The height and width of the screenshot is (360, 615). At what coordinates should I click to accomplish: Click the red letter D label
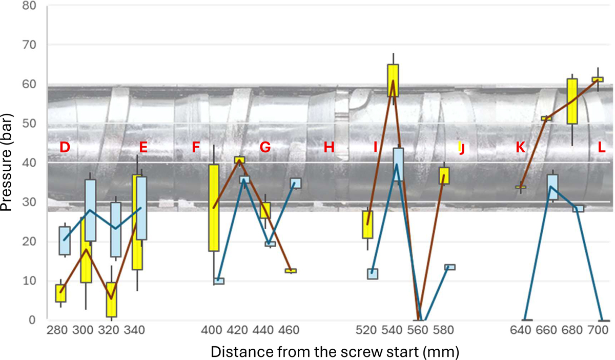64,148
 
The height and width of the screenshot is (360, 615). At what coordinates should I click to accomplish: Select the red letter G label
265,148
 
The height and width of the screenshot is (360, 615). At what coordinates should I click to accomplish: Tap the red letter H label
329,148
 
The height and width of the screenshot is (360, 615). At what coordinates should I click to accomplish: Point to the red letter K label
520,148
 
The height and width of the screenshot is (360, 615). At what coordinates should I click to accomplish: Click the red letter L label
602,148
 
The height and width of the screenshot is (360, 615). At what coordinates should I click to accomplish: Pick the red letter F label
195,148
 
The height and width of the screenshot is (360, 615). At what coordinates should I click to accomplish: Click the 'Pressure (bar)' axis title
9,163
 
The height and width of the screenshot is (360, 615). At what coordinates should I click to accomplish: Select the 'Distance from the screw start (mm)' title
334,352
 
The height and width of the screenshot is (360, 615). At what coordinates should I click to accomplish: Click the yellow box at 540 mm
393,81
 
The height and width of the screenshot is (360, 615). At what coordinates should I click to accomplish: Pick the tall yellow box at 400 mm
214,208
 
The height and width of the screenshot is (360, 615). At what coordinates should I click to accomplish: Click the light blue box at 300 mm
90,210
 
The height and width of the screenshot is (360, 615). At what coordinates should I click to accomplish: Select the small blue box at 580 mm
450,267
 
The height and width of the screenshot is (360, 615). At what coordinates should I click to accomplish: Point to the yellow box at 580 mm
444,175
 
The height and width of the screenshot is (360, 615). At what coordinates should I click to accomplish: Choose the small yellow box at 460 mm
291,271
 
